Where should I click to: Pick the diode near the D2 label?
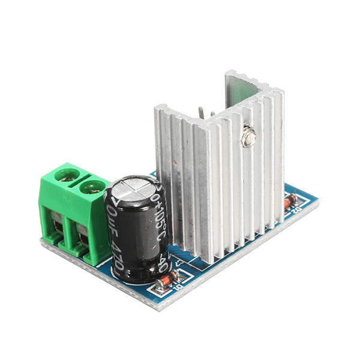[291, 202]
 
